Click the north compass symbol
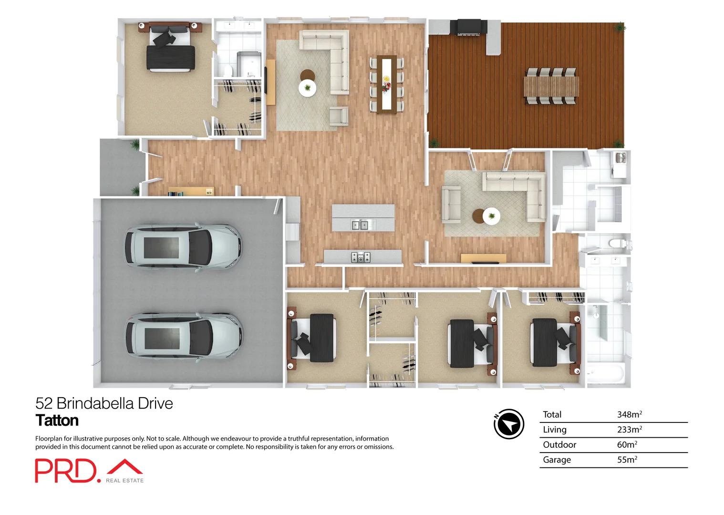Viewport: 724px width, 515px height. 508,424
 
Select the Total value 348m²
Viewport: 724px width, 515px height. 629,414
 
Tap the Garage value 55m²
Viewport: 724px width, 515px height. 627,460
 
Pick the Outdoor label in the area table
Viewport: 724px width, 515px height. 559,444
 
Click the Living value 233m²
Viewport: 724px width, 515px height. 629,429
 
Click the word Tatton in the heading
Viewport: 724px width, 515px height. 57,421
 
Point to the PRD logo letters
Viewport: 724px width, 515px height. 65,471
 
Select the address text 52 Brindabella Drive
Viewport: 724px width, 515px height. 104,403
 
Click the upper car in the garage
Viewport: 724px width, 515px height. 183,247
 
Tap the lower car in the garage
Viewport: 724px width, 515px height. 184,336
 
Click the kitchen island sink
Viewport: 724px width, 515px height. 360,225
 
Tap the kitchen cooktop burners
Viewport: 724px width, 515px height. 361,257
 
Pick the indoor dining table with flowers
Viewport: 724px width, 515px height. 386,84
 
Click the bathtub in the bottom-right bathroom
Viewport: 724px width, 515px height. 605,373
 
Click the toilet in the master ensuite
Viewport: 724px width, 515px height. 228,71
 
